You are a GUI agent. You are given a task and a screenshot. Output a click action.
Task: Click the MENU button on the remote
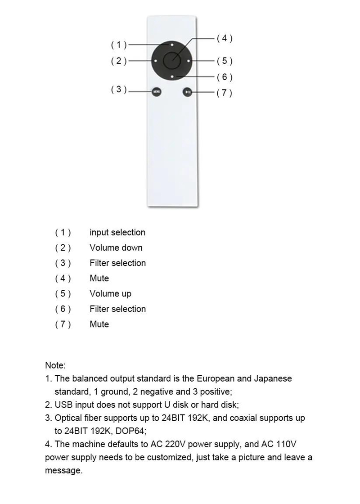click(x=156, y=92)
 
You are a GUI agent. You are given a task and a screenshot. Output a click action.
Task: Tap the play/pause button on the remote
click(x=188, y=92)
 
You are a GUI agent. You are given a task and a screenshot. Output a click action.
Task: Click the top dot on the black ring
click(x=172, y=45)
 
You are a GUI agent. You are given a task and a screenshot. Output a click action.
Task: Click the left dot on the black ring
click(x=155, y=61)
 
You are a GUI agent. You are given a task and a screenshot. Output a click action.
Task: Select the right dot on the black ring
click(x=189, y=61)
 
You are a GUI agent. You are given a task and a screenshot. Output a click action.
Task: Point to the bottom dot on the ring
click(x=172, y=77)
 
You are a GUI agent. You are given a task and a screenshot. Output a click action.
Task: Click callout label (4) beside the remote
click(x=224, y=38)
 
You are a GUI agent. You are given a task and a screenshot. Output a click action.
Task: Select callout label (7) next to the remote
click(x=224, y=93)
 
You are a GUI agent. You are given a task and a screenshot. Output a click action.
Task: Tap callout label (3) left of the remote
click(x=119, y=90)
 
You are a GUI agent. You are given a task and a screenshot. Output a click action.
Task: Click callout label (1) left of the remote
click(x=119, y=45)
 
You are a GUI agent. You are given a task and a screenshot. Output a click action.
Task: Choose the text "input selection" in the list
click(x=117, y=233)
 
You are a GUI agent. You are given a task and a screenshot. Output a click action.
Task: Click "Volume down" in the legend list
click(x=116, y=248)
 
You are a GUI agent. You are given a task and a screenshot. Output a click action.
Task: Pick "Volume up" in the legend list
click(x=110, y=294)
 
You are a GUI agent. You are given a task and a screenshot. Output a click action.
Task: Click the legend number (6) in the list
click(x=63, y=309)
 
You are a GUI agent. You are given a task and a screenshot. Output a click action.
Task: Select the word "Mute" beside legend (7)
click(x=99, y=324)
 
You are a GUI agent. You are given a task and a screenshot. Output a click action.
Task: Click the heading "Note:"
click(x=55, y=365)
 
